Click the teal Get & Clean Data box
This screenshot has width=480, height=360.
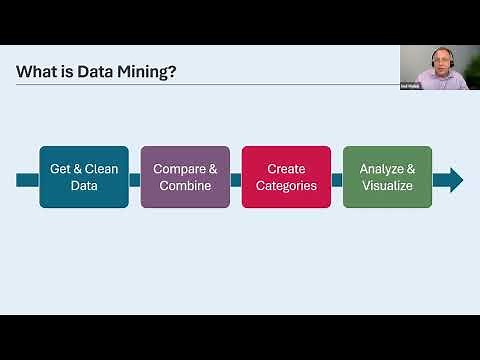tap(84, 177)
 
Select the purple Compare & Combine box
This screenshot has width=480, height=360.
tap(185, 177)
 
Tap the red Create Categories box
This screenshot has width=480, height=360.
tap(286, 177)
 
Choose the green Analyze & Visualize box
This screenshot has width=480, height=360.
tap(387, 177)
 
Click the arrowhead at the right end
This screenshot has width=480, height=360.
tap(454, 180)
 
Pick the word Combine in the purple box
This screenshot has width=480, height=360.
tap(185, 186)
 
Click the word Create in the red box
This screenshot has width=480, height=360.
tap(286, 169)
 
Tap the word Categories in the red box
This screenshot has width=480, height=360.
tap(286, 186)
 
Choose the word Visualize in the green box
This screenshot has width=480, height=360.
tap(387, 186)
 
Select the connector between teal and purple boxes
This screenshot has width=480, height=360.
tap(135, 180)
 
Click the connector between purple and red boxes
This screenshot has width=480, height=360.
tap(236, 180)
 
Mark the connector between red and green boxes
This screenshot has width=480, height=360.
tap(337, 180)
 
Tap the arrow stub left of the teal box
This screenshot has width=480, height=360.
tap(28, 180)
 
